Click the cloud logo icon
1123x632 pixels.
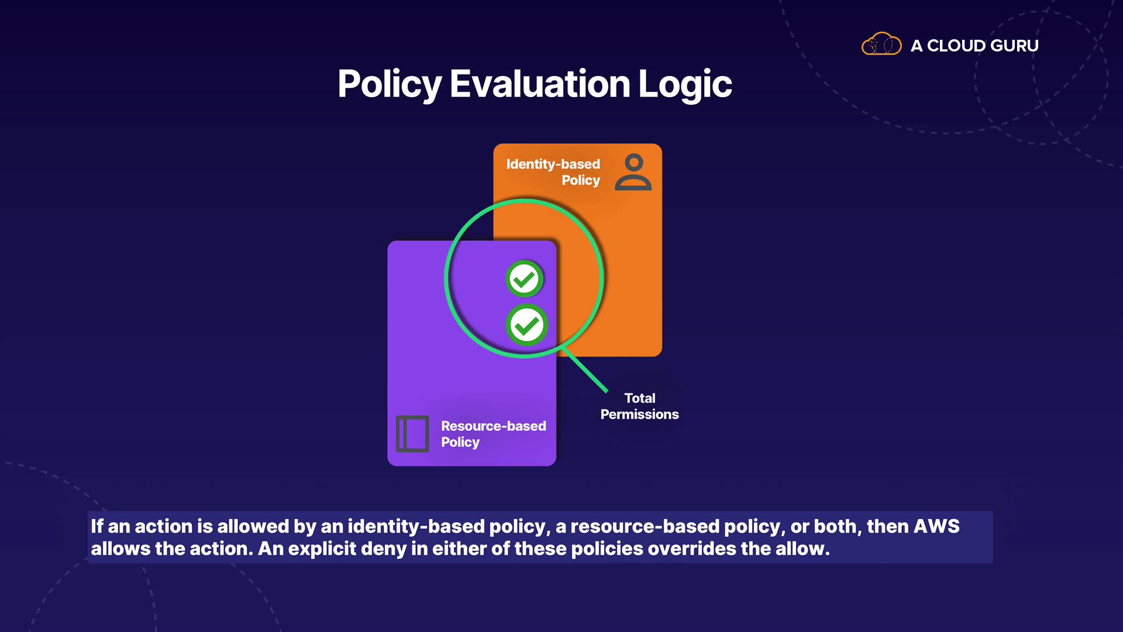click(x=881, y=44)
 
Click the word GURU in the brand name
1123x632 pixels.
click(x=1015, y=46)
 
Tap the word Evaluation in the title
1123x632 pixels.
click(x=540, y=84)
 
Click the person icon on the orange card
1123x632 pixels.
click(x=633, y=172)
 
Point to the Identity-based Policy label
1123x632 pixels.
click(x=553, y=172)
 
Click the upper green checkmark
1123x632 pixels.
click(x=524, y=279)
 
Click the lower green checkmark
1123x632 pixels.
click(x=526, y=325)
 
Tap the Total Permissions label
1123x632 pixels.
click(x=640, y=406)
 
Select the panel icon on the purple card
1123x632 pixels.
click(x=412, y=434)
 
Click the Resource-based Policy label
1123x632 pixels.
click(x=494, y=434)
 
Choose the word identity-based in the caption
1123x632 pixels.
click(x=416, y=526)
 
